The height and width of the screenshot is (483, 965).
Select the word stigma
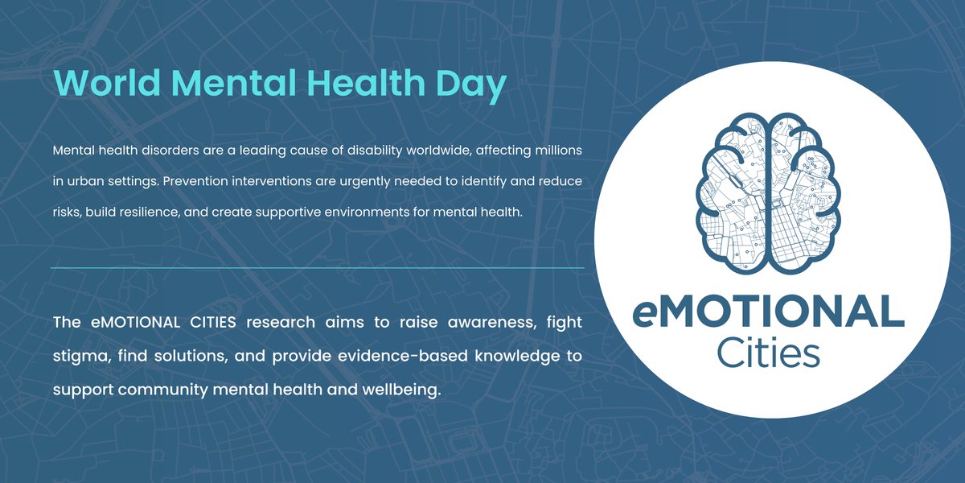tap(80, 357)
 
